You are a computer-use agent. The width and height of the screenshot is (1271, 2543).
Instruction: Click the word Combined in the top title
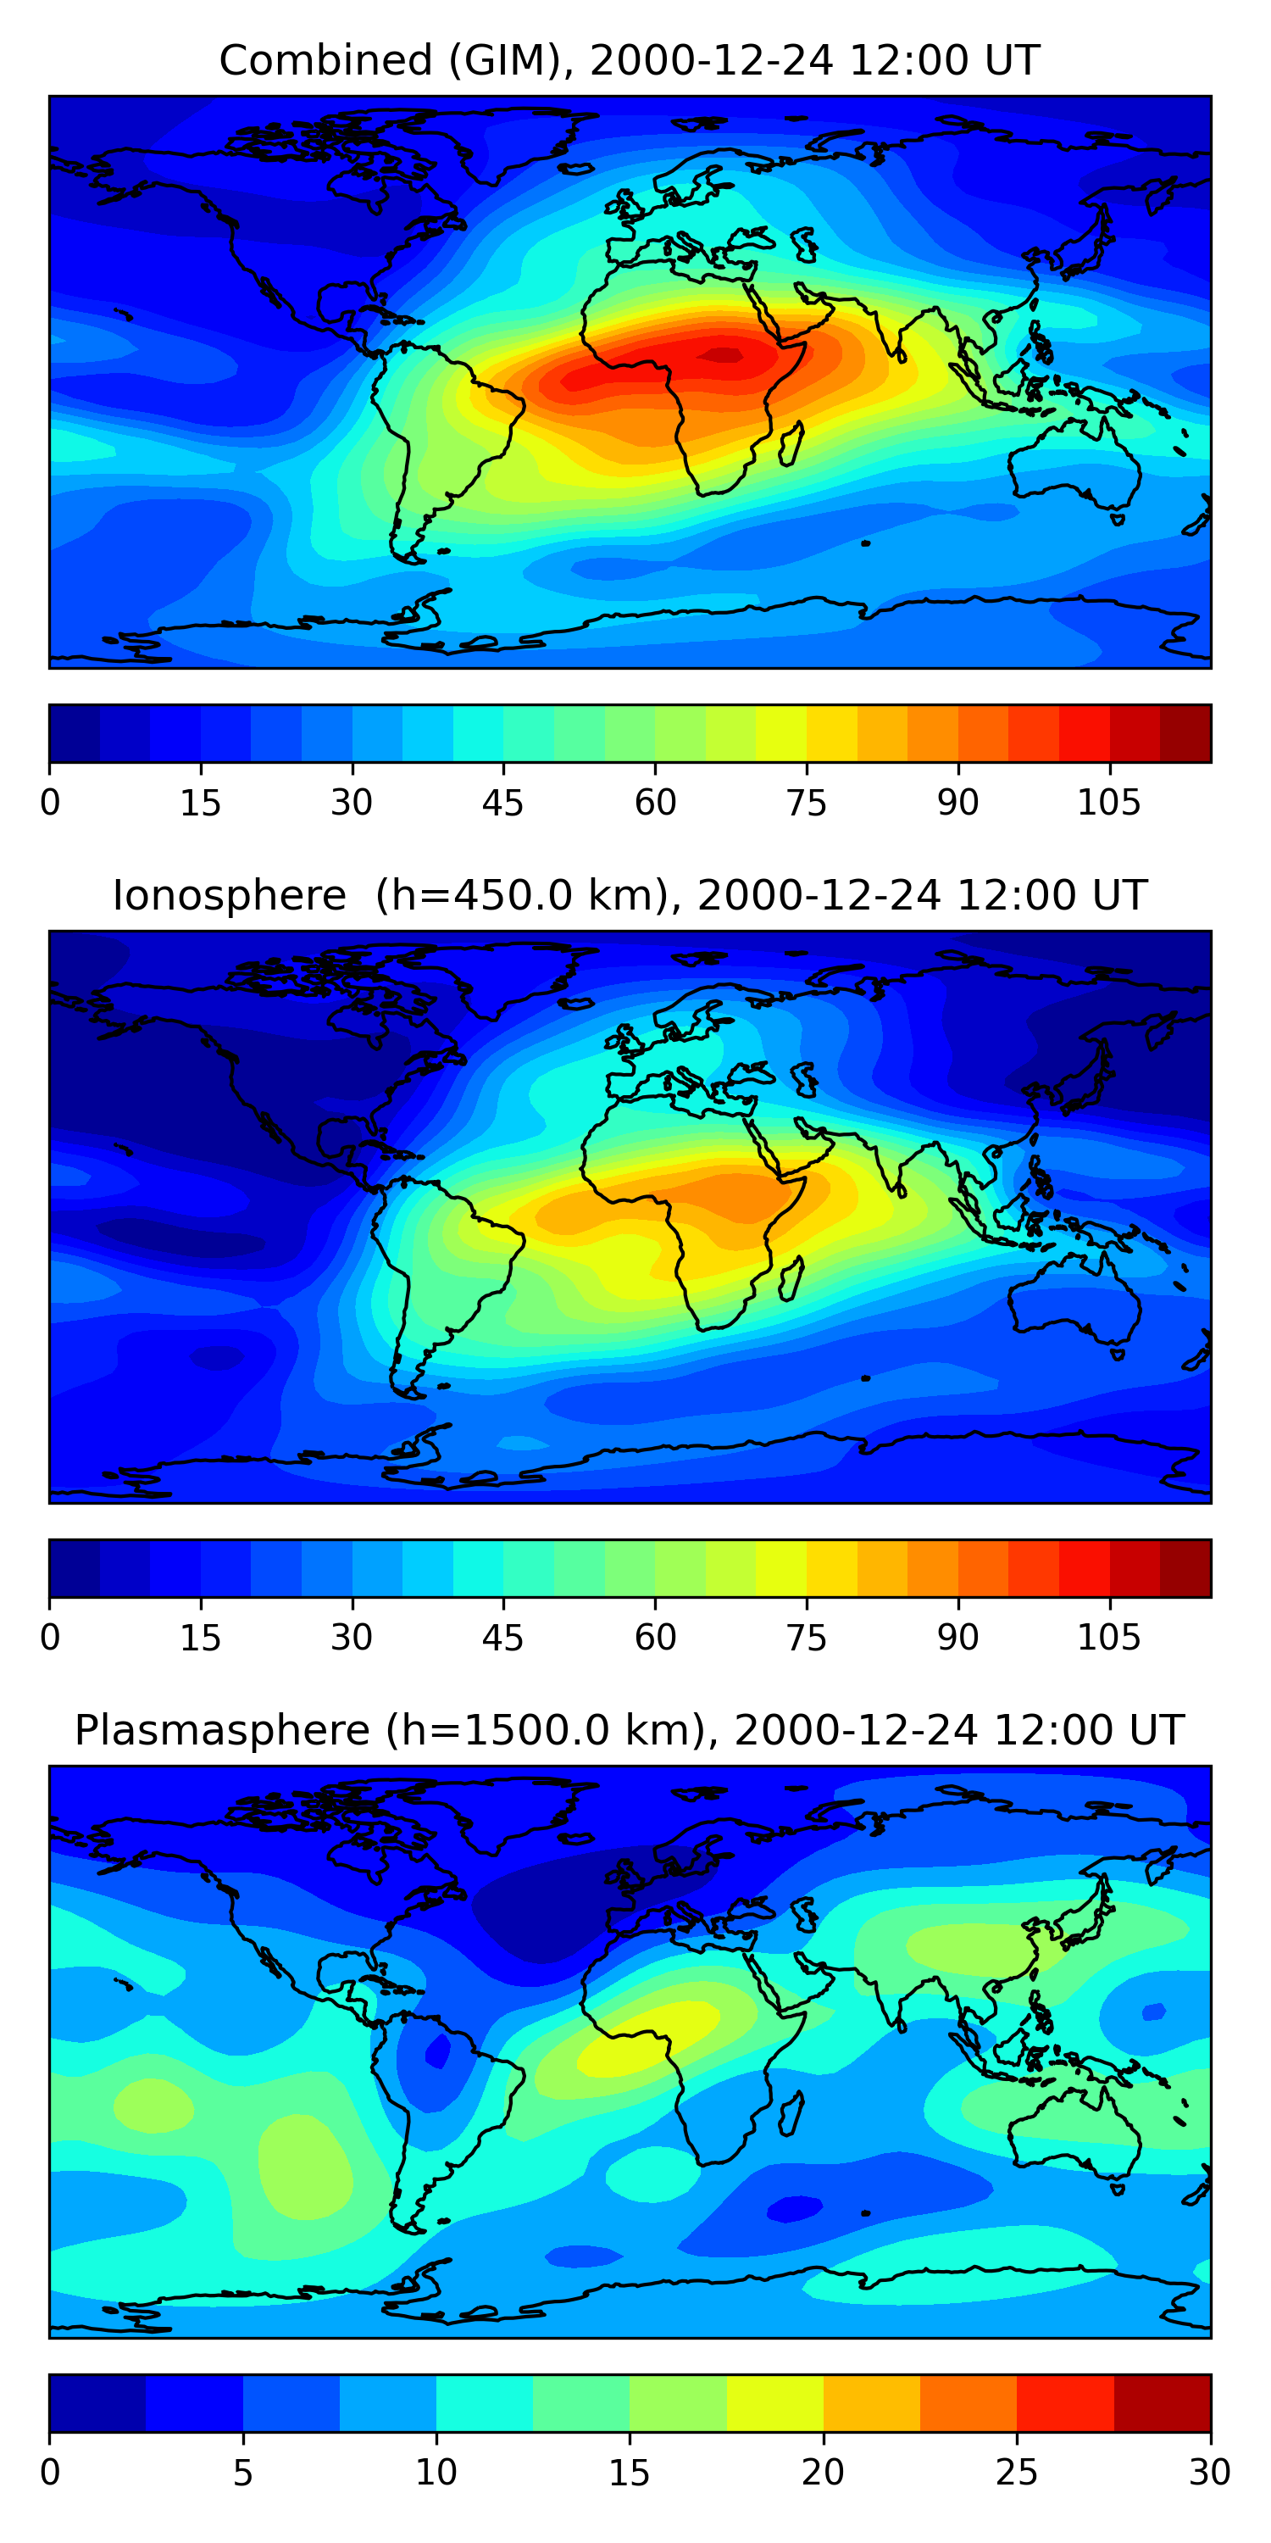click(325, 61)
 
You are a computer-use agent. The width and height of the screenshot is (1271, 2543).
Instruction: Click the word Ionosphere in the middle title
click(229, 896)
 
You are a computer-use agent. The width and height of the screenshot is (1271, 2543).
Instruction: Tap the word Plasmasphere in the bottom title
click(221, 1731)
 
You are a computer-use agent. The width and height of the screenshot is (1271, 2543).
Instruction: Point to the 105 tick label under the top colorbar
click(1108, 804)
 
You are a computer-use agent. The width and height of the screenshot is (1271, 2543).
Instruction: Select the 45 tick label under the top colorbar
click(502, 804)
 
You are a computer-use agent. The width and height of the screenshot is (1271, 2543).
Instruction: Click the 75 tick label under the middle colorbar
click(806, 1638)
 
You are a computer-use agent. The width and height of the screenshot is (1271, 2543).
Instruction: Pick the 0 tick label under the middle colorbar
click(50, 1638)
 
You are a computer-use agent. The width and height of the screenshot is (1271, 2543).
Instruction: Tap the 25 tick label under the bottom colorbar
click(1017, 2473)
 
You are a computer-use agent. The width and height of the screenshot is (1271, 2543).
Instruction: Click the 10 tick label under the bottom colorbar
click(436, 2473)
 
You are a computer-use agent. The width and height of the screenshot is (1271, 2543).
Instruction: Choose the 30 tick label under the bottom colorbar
click(1209, 2473)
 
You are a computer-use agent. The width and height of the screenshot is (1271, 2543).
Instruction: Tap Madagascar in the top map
click(791, 444)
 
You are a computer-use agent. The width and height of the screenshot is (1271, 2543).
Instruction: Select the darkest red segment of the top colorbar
click(1185, 733)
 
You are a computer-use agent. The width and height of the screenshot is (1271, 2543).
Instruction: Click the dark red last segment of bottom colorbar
click(1162, 2403)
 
